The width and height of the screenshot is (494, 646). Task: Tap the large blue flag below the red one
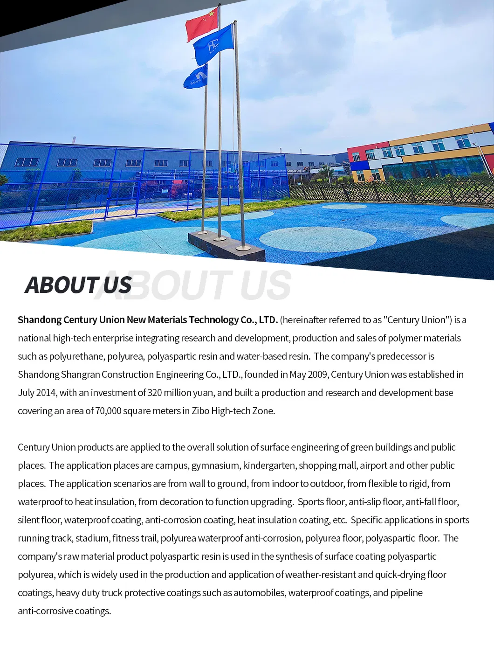pos(213,44)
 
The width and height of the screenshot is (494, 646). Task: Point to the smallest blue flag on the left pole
pos(196,77)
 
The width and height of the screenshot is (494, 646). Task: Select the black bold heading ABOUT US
pos(78,285)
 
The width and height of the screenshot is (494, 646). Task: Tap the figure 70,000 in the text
pos(108,411)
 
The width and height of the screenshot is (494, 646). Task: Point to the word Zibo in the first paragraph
pos(200,411)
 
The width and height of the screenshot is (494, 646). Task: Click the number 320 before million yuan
pos(155,393)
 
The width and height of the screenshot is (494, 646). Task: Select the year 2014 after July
pos(46,393)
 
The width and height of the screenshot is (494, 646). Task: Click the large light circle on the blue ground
pos(317,239)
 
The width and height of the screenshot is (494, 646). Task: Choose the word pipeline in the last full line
pos(406,593)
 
